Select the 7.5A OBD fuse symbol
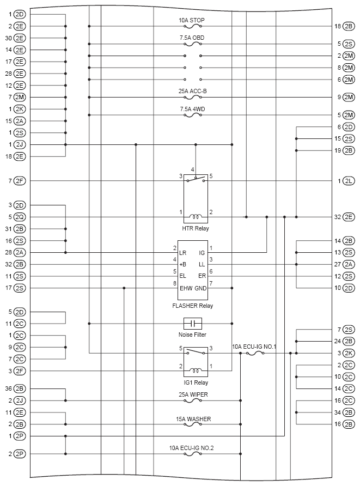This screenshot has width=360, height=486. pyautogui.click(x=193, y=44)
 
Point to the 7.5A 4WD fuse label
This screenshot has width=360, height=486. pyautogui.click(x=193, y=109)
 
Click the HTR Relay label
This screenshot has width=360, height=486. pyautogui.click(x=196, y=228)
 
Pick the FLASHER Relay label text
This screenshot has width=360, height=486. pyautogui.click(x=192, y=306)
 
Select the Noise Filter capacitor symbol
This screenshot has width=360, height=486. pyautogui.click(x=193, y=323)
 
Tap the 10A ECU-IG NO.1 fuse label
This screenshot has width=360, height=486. pyautogui.click(x=254, y=347)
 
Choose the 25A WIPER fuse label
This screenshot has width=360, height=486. pyautogui.click(x=193, y=394)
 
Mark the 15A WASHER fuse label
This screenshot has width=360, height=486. pyautogui.click(x=193, y=418)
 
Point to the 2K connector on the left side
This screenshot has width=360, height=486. pyautogui.click(x=20, y=109)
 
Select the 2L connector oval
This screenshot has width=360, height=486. pyautogui.click(x=348, y=180)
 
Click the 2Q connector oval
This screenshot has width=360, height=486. pyautogui.click(x=20, y=217)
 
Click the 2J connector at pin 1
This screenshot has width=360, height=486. pyautogui.click(x=20, y=144)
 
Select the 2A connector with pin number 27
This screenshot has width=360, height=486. pyautogui.click(x=348, y=264)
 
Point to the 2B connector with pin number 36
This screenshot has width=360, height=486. pyautogui.click(x=20, y=389)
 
